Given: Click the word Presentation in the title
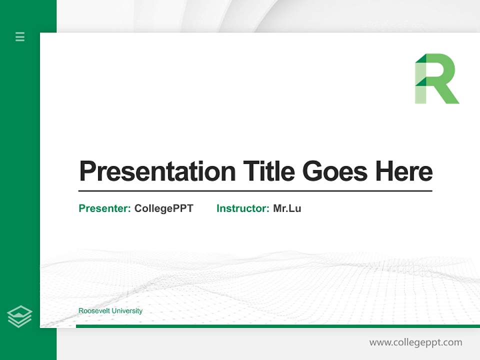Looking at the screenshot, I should [157, 171].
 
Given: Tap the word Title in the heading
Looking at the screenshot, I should [268, 171].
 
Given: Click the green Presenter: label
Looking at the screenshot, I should [104, 208].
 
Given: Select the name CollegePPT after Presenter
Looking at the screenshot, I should [163, 208].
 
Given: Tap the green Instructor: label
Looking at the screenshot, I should [242, 208].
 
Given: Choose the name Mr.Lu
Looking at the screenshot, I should [287, 208].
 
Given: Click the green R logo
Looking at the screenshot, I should [436, 78].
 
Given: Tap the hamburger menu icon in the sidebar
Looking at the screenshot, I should [20, 36].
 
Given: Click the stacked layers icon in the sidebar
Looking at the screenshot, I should [19, 316].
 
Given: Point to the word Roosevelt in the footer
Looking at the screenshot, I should [94, 311].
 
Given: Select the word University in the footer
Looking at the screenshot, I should [126, 311].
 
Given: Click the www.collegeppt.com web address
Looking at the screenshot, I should [415, 342].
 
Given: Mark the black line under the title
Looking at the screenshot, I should [255, 190].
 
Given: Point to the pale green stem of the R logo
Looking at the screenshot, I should [420, 92].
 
